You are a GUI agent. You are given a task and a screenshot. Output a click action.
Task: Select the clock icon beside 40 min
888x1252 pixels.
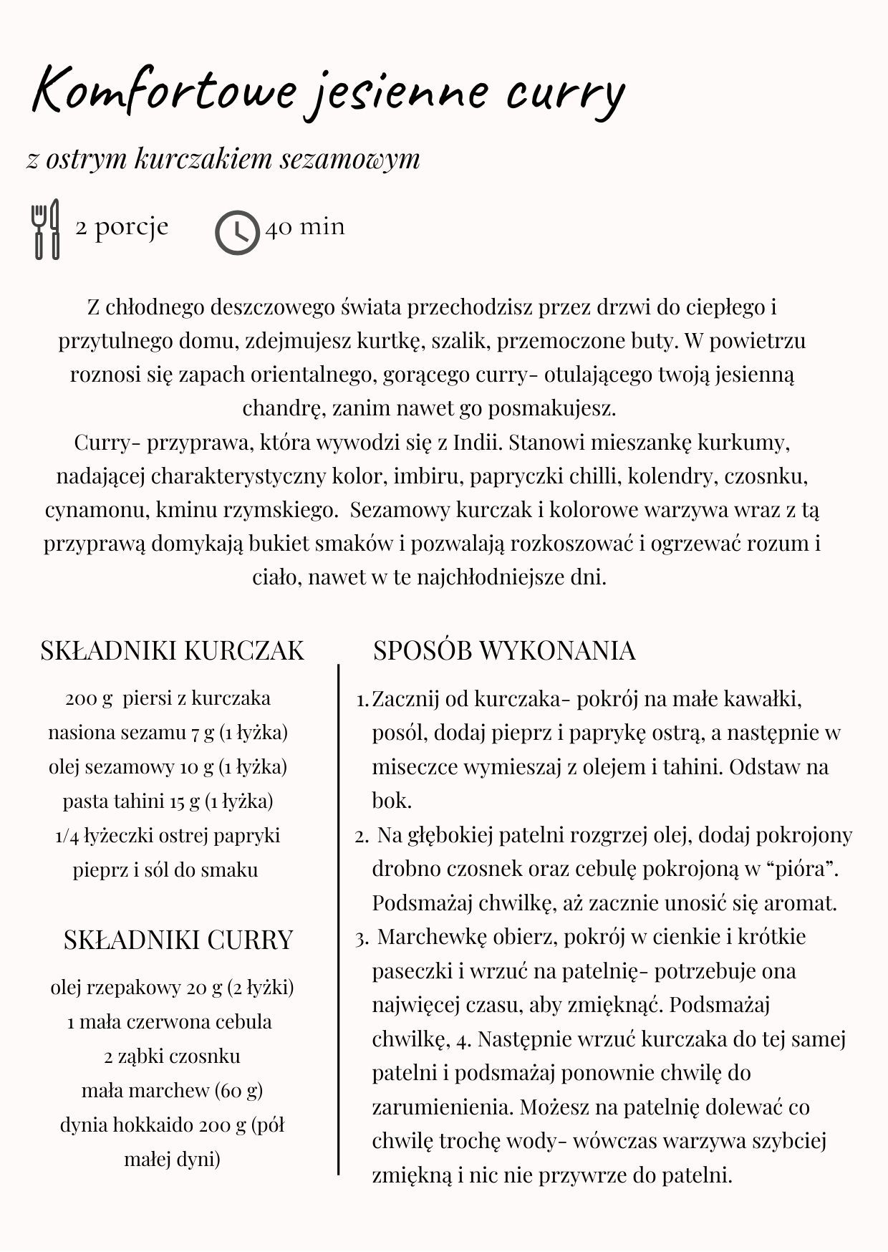(237, 232)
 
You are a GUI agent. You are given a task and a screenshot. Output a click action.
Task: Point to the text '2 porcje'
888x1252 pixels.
(122, 227)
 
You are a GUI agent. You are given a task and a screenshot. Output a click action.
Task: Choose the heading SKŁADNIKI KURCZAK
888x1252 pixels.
(173, 650)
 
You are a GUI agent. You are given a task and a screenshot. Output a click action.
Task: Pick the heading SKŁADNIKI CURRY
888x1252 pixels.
(178, 940)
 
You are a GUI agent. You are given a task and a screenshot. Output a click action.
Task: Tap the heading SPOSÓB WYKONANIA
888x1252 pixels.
(504, 650)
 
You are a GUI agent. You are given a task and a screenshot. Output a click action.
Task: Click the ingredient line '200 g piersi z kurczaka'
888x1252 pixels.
(168, 698)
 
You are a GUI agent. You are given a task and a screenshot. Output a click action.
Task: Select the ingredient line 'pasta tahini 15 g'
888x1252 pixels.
(168, 801)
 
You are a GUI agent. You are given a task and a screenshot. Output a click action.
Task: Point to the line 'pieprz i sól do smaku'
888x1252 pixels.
(165, 870)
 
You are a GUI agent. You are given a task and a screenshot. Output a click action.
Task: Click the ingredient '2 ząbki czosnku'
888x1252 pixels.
(172, 1056)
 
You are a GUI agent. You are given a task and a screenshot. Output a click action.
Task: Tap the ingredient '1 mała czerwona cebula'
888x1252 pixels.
(170, 1022)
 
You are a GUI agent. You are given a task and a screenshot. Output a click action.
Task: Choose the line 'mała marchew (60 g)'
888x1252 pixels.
(172, 1091)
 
